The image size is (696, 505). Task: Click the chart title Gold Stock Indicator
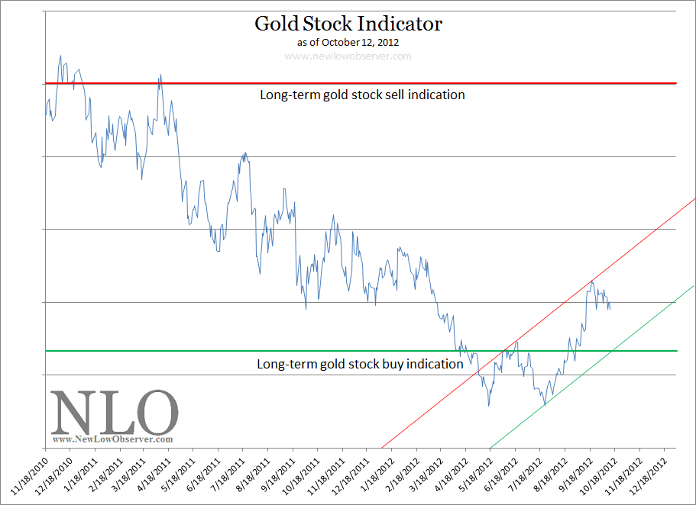point(348,24)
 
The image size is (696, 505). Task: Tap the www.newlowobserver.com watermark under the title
point(348,56)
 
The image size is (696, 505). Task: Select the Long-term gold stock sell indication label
point(362,95)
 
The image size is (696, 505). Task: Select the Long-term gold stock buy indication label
point(360,364)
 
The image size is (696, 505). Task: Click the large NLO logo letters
point(115,412)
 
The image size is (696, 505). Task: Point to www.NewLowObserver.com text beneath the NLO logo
point(112,439)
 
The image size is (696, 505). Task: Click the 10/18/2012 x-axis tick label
point(594,474)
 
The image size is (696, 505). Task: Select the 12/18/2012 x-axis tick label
point(644,474)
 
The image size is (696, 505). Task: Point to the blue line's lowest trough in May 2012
point(489,405)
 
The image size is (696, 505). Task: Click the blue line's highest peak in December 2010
point(60,56)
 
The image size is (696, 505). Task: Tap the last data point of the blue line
point(610,308)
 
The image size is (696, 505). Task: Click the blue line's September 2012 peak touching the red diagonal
point(591,281)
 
